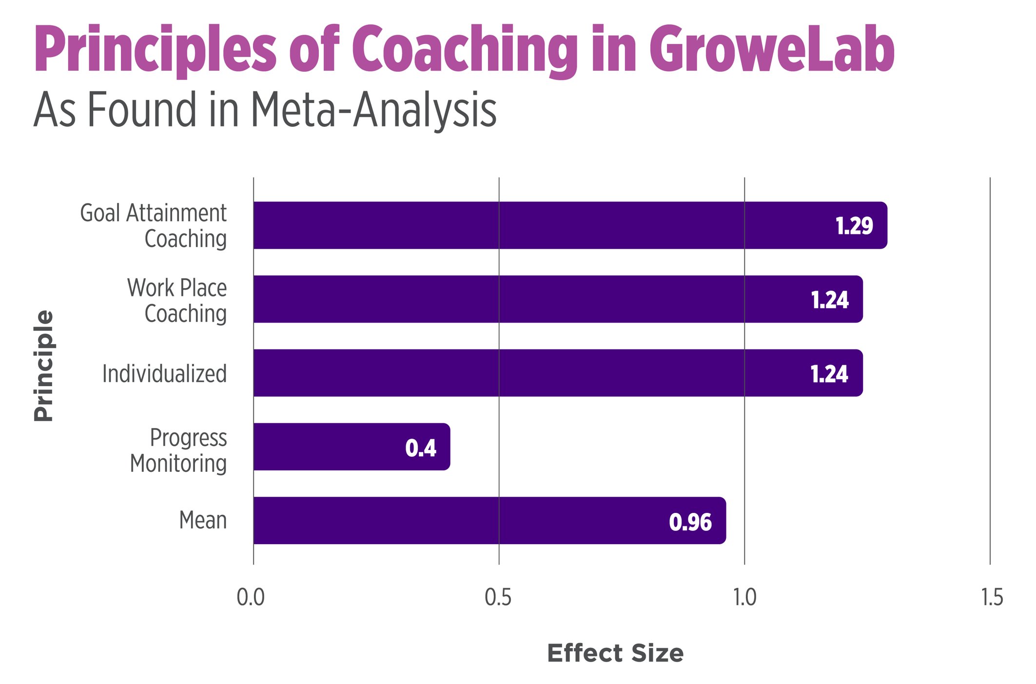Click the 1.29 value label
[x=854, y=226]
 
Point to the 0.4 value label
[x=420, y=448]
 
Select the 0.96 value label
[x=690, y=522]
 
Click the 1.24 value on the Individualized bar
[x=829, y=374]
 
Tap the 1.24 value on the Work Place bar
[x=829, y=300]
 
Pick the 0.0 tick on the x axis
[x=251, y=597]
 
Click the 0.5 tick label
[x=498, y=597]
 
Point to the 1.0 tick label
[x=744, y=597]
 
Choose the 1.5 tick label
[x=992, y=597]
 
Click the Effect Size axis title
[x=615, y=653]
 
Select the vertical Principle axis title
[x=43, y=366]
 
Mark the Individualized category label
[x=164, y=374]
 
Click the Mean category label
[x=202, y=520]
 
